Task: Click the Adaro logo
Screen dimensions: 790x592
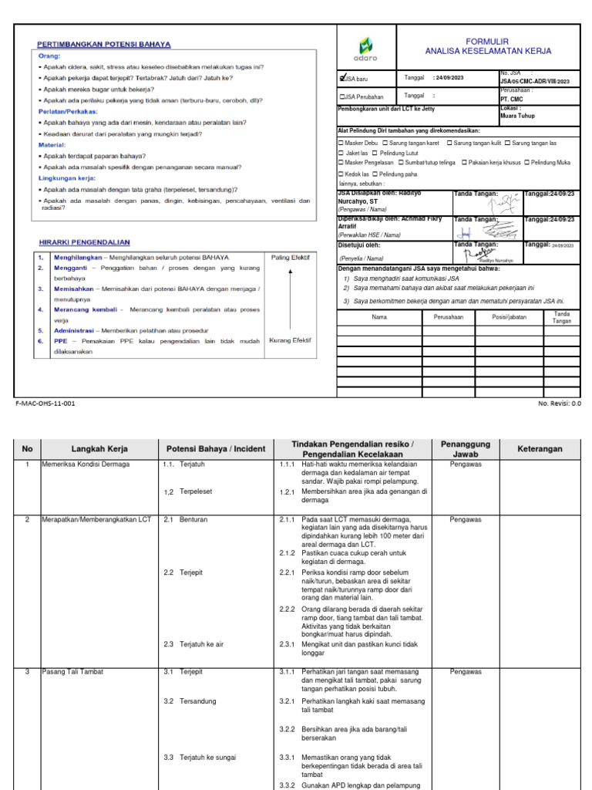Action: tap(366, 48)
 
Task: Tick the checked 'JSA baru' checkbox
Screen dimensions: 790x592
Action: tap(344, 78)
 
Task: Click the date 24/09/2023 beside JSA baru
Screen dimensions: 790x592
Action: tap(449, 78)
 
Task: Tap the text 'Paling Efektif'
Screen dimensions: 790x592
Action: tap(289, 257)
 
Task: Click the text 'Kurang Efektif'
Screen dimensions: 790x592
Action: tap(289, 339)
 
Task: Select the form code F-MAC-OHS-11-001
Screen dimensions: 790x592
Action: tap(45, 403)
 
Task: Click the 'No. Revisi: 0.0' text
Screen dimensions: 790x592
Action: tap(560, 403)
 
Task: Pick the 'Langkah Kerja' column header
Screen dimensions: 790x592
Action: tap(99, 449)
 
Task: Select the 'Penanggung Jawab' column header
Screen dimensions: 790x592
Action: tap(460, 449)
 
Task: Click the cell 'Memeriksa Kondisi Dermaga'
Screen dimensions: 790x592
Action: tap(86, 465)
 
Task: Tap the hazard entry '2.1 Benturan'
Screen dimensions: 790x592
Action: tap(187, 520)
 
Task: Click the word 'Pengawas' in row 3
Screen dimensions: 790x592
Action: tap(466, 672)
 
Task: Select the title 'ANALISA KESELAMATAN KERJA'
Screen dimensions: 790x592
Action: tap(489, 51)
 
